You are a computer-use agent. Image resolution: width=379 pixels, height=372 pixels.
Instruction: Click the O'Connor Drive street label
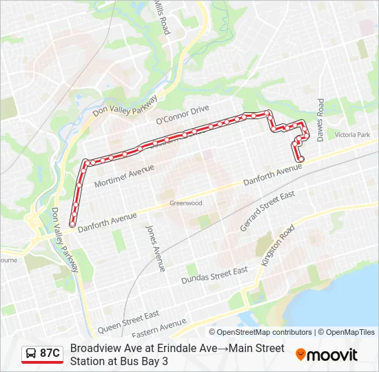tap(182, 114)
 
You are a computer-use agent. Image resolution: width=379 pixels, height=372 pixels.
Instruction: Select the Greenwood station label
tap(186, 203)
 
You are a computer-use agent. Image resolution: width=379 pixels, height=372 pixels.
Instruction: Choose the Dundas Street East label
tap(214, 276)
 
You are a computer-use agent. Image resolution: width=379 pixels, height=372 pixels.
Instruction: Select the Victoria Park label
tap(352, 135)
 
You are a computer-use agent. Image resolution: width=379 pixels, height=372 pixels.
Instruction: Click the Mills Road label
tap(161, 17)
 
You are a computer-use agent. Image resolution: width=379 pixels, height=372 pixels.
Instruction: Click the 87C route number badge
tap(50, 354)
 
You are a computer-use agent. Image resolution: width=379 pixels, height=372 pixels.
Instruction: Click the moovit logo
tap(327, 355)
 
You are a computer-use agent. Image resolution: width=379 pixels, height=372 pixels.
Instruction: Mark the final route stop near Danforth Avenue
tap(301, 159)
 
